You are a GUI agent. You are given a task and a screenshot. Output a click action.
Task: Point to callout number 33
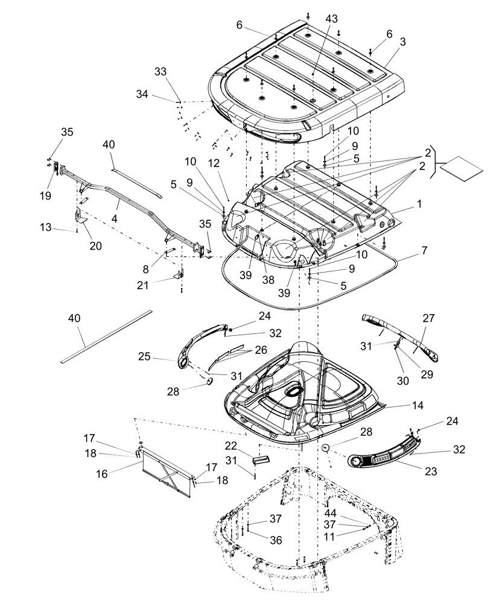coord(160,71)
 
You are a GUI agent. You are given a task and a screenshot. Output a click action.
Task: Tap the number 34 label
coord(142,95)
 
